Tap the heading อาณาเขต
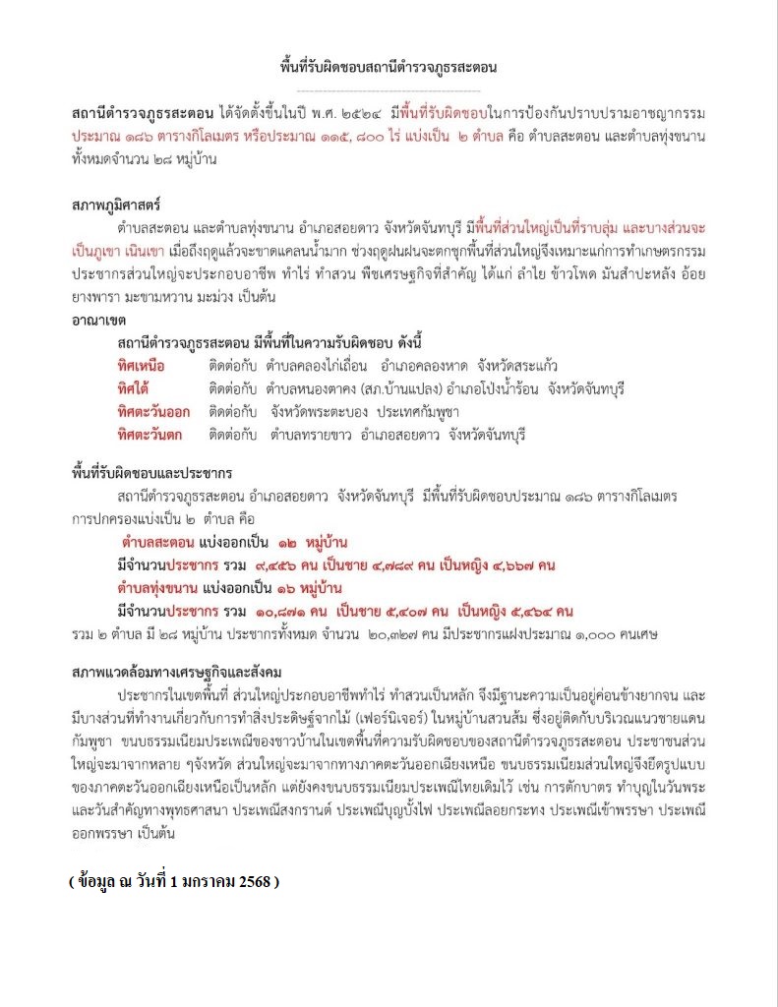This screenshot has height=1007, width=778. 99,321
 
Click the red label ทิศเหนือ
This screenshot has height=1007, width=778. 141,366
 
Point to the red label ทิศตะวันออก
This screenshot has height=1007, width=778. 154,411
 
